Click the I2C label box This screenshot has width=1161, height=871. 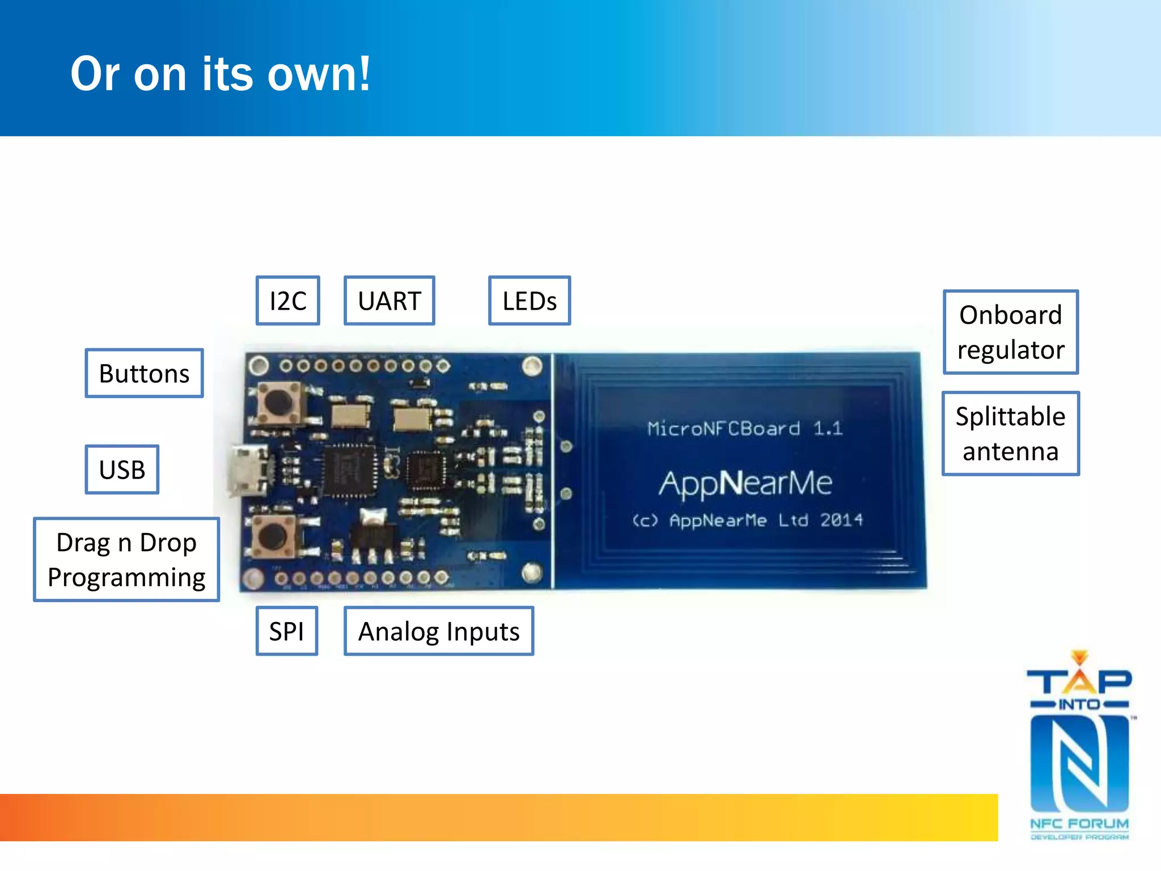[287, 301]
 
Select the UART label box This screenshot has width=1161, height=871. [389, 301]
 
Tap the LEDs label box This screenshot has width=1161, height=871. [529, 301]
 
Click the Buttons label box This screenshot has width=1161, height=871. [144, 373]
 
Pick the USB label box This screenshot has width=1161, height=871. [122, 470]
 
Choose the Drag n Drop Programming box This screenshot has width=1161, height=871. [126, 560]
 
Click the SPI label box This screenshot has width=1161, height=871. [286, 631]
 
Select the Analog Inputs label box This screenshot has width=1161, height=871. [438, 631]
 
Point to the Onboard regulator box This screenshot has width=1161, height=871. [1010, 332]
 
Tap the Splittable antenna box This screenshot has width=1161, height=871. [1010, 434]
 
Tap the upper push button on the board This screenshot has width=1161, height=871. [278, 401]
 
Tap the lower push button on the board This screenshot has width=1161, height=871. [274, 535]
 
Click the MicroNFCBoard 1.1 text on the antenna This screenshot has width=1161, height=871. [745, 428]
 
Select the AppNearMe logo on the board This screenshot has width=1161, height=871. [745, 483]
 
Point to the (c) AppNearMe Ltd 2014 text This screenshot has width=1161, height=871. [747, 520]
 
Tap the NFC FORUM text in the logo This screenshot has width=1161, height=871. [1079, 823]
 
